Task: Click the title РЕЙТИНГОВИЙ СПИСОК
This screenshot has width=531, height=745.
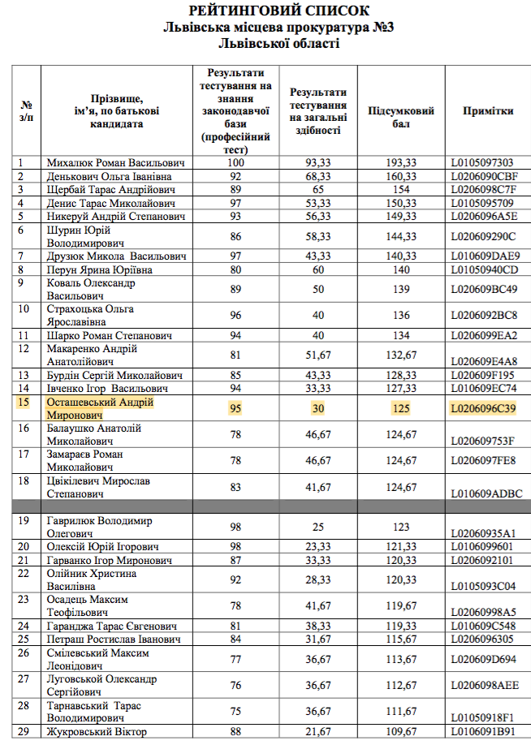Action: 278,11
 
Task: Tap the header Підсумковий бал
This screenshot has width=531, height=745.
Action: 401,118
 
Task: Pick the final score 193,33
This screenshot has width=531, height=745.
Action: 401,163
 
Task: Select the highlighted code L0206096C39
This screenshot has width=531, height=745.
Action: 484,408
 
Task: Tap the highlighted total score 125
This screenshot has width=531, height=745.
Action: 401,408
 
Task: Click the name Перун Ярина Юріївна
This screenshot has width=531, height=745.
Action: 100,269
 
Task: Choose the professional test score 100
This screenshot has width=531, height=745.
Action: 235,163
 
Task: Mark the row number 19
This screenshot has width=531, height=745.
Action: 24,520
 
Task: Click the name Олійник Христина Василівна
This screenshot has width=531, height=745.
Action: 92,579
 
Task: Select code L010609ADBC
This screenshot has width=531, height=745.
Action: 486,493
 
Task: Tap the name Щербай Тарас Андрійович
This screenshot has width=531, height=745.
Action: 106,190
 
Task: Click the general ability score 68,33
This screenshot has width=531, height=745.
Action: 317,176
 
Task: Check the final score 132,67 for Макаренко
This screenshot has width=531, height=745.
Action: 401,355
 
